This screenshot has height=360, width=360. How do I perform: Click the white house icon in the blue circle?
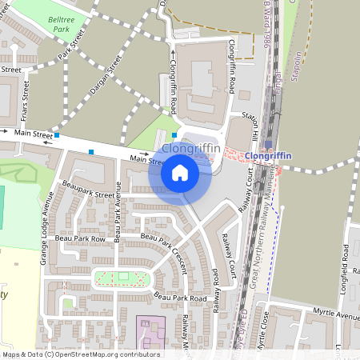[180, 172]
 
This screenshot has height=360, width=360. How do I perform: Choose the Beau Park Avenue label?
[117, 212]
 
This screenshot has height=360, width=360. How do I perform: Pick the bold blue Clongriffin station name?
[268, 155]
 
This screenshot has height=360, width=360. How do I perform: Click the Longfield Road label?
[346, 265]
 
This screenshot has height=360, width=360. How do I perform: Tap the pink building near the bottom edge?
[150, 331]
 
